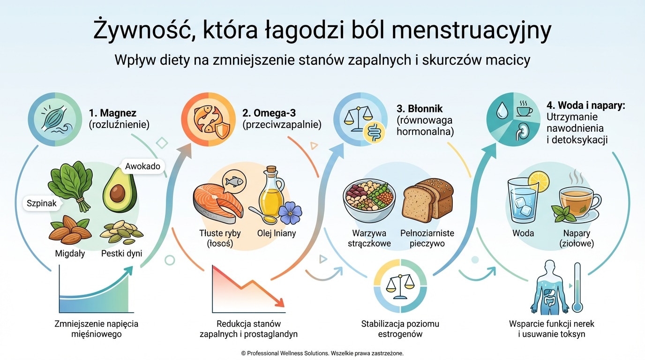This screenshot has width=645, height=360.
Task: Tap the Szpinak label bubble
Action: pos(42,203)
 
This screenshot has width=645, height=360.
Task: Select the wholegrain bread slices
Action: pos(428,200)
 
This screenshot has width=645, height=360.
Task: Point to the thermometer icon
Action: pos(577,287)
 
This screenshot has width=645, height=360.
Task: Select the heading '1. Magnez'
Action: pos(112,112)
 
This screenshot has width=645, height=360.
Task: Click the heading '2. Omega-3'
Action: pos(270,112)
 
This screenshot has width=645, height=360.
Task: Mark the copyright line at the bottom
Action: pos(322,353)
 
